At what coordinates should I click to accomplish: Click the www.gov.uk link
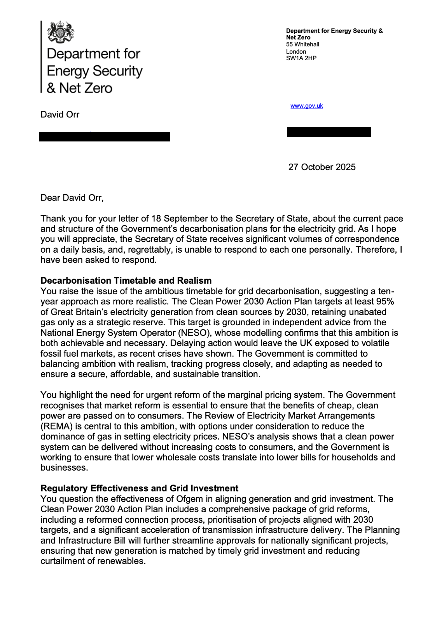306,106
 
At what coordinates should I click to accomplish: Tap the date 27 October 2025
322,167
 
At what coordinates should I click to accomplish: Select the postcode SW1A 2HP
301,58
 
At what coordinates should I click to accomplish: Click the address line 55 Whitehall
302,44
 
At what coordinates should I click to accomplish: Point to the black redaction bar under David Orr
104,136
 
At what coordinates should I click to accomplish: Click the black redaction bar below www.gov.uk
329,132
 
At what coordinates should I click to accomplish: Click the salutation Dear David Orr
72,198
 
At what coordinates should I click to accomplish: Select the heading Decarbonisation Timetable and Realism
126,281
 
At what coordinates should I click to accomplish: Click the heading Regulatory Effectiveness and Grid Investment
139,488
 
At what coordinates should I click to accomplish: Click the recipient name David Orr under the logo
60,115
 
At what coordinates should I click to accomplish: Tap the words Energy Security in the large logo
94,71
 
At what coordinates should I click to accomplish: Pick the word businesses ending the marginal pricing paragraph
63,468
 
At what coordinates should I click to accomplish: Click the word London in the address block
296,52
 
